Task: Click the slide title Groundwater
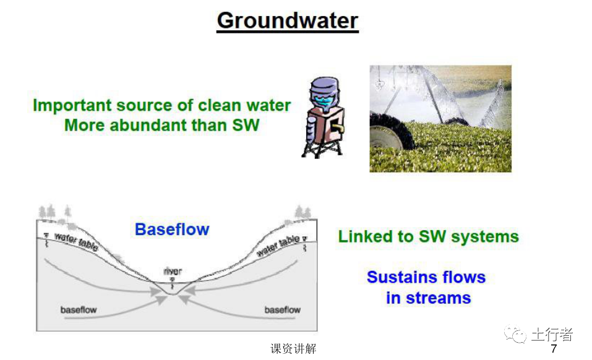[287, 20]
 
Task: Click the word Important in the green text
[72, 106]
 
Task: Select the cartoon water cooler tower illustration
[323, 118]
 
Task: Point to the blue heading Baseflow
[172, 229]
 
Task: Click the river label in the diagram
[173, 271]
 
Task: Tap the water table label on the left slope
[76, 242]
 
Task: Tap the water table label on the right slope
[278, 244]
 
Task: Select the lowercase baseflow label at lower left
[79, 310]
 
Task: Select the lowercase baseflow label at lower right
[283, 310]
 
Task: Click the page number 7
[554, 349]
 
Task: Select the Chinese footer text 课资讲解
[293, 349]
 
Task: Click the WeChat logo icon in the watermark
[515, 334]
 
